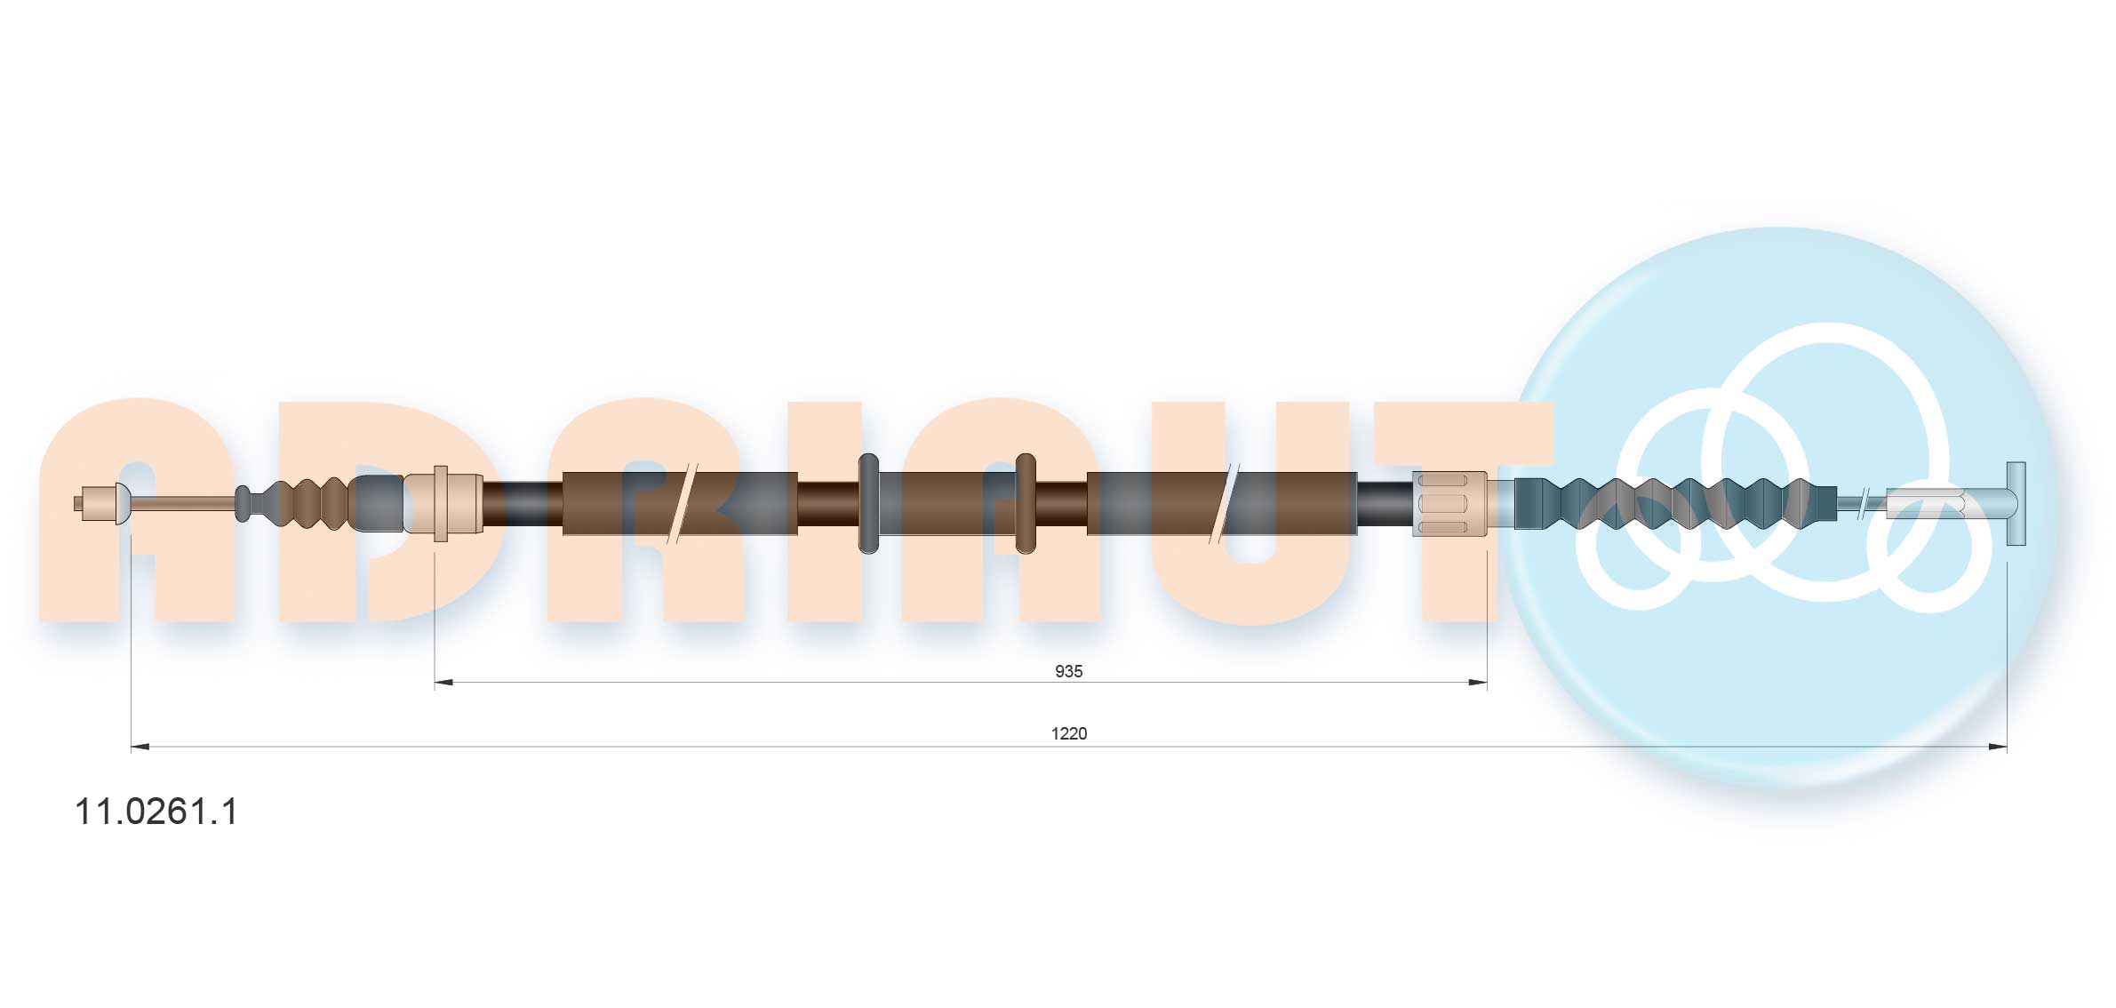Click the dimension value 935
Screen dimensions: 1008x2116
(1067, 671)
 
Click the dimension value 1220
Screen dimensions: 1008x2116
(1068, 733)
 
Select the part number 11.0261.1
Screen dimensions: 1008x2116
(156, 812)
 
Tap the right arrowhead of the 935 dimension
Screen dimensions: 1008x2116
(1478, 683)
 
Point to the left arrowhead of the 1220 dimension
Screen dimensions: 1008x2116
(140, 748)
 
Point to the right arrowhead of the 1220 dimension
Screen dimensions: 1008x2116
(1997, 748)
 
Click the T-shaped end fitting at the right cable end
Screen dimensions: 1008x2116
(2016, 504)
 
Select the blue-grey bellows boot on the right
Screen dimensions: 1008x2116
(1671, 504)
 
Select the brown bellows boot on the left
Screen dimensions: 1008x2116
(307, 504)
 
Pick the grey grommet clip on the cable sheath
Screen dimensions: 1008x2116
(868, 504)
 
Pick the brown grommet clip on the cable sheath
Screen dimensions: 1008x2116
(1025, 504)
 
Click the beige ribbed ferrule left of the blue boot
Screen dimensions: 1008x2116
(1449, 504)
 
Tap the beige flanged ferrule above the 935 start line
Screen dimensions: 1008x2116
(442, 504)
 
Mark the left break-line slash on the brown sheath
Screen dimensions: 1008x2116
(682, 504)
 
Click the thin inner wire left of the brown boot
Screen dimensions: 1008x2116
(182, 504)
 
